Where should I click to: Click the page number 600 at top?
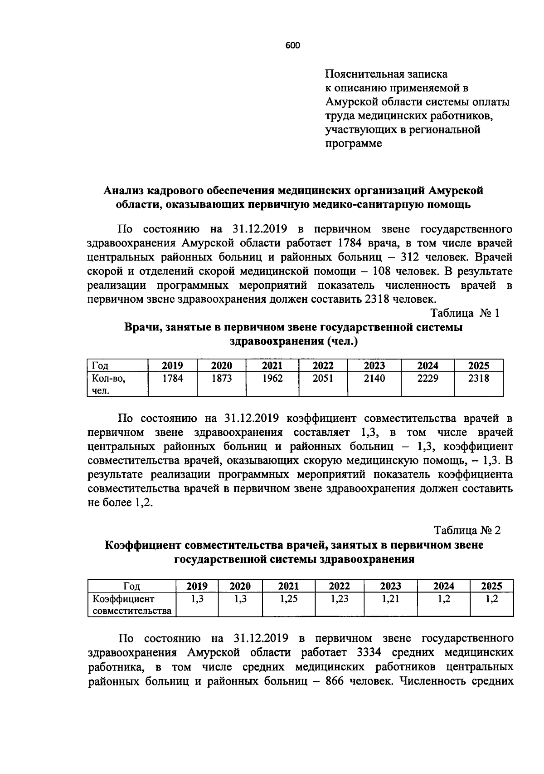click(293, 45)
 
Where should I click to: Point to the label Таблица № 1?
click(465, 313)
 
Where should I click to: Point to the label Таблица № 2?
click(467, 530)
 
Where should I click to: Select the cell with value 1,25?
click(289, 599)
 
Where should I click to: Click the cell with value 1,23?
click(339, 599)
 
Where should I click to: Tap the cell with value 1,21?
click(390, 599)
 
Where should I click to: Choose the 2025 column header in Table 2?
click(491, 586)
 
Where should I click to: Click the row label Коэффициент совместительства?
click(132, 605)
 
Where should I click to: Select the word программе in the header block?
click(354, 144)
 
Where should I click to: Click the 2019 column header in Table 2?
click(197, 586)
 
